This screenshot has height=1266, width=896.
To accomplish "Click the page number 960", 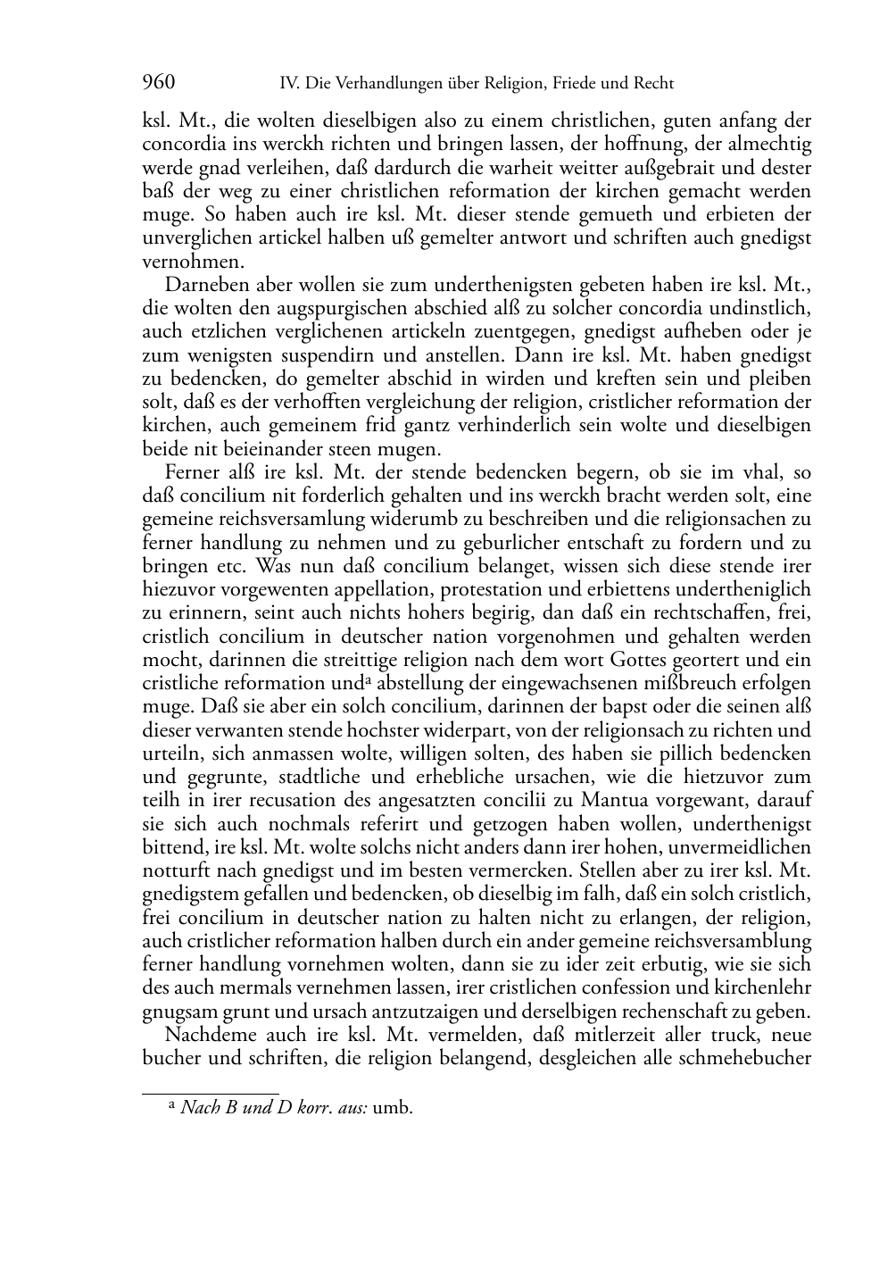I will pyautogui.click(x=159, y=83).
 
